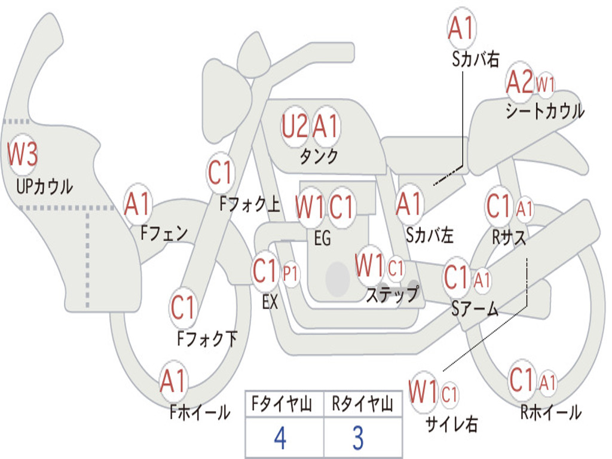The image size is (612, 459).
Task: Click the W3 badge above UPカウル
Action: click(x=23, y=155)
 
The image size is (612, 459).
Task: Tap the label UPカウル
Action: click(x=45, y=186)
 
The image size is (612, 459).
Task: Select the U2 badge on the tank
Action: click(x=295, y=127)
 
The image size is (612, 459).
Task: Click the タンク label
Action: click(x=319, y=157)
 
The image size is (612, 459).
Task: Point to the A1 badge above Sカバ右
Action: click(x=461, y=28)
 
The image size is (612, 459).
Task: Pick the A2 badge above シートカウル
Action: click(x=519, y=83)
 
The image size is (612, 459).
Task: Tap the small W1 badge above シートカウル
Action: click(x=545, y=84)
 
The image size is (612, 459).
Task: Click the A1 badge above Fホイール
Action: click(x=174, y=381)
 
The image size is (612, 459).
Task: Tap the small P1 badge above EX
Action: click(x=290, y=273)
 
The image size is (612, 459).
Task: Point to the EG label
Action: click(x=322, y=238)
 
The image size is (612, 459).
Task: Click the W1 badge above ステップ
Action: click(x=369, y=265)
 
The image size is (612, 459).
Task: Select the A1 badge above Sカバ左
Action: click(x=409, y=204)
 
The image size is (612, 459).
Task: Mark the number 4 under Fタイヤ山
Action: click(x=280, y=438)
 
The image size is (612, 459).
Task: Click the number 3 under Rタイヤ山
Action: click(x=357, y=438)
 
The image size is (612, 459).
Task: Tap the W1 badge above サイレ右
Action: click(x=423, y=393)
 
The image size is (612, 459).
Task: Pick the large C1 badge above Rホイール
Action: click(x=521, y=379)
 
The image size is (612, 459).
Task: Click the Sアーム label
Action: click(x=475, y=309)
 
